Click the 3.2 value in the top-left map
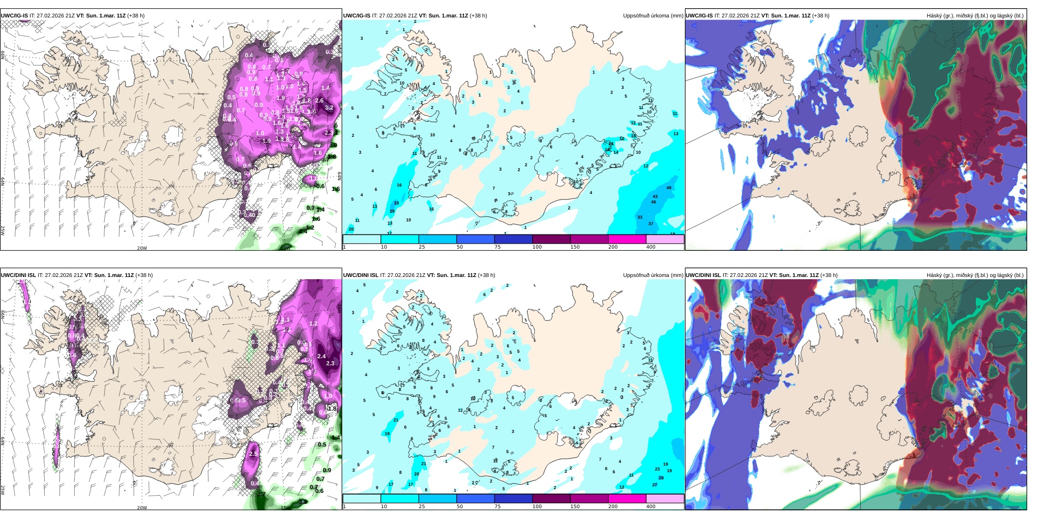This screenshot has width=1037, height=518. click(x=329, y=107)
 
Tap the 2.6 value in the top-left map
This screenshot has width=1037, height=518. click(x=319, y=100)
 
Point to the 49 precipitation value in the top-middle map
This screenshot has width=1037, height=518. click(x=669, y=188)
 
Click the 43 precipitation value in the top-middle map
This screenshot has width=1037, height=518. click(x=655, y=196)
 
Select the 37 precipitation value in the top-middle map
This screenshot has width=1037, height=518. click(x=651, y=224)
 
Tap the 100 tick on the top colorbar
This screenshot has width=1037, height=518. click(x=537, y=247)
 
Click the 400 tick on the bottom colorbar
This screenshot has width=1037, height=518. click(x=651, y=507)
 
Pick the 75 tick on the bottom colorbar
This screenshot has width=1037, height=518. click(x=498, y=507)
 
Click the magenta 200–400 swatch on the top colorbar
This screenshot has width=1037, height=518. click(x=627, y=239)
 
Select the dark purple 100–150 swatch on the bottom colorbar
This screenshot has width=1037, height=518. click(x=551, y=498)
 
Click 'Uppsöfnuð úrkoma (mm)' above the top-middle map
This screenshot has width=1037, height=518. click(x=653, y=16)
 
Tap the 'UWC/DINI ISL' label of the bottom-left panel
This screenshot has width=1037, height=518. click(x=18, y=275)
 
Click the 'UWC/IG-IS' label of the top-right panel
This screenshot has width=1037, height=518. click(x=699, y=16)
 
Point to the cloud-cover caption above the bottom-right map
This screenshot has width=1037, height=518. click(x=975, y=275)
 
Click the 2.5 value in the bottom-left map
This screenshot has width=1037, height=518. click(x=253, y=454)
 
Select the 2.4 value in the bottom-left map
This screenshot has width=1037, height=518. click(x=321, y=356)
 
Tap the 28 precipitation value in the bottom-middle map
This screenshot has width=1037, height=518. click(x=661, y=478)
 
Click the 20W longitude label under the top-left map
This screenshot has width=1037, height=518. click(x=142, y=248)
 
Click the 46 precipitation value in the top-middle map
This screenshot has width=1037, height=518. click(x=653, y=202)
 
